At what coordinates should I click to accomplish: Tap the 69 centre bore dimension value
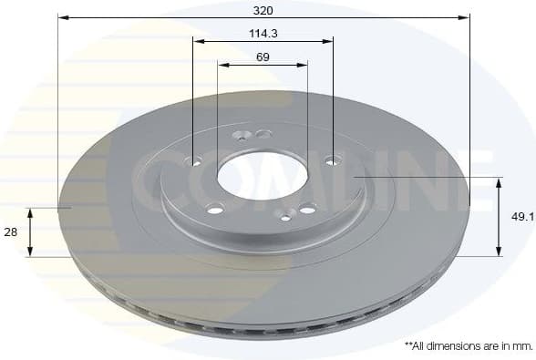pos(263,57)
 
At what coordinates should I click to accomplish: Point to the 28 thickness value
pos(11,232)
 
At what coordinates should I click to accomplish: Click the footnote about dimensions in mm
pos(468,346)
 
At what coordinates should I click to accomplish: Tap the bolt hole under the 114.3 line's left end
pos(193,161)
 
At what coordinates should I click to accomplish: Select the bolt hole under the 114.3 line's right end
pos(333,160)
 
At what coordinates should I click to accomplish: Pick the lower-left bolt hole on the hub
pos(215,209)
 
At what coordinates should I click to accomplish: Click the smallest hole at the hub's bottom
pos(286,217)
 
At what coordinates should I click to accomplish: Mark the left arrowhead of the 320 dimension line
pos(63,17)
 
